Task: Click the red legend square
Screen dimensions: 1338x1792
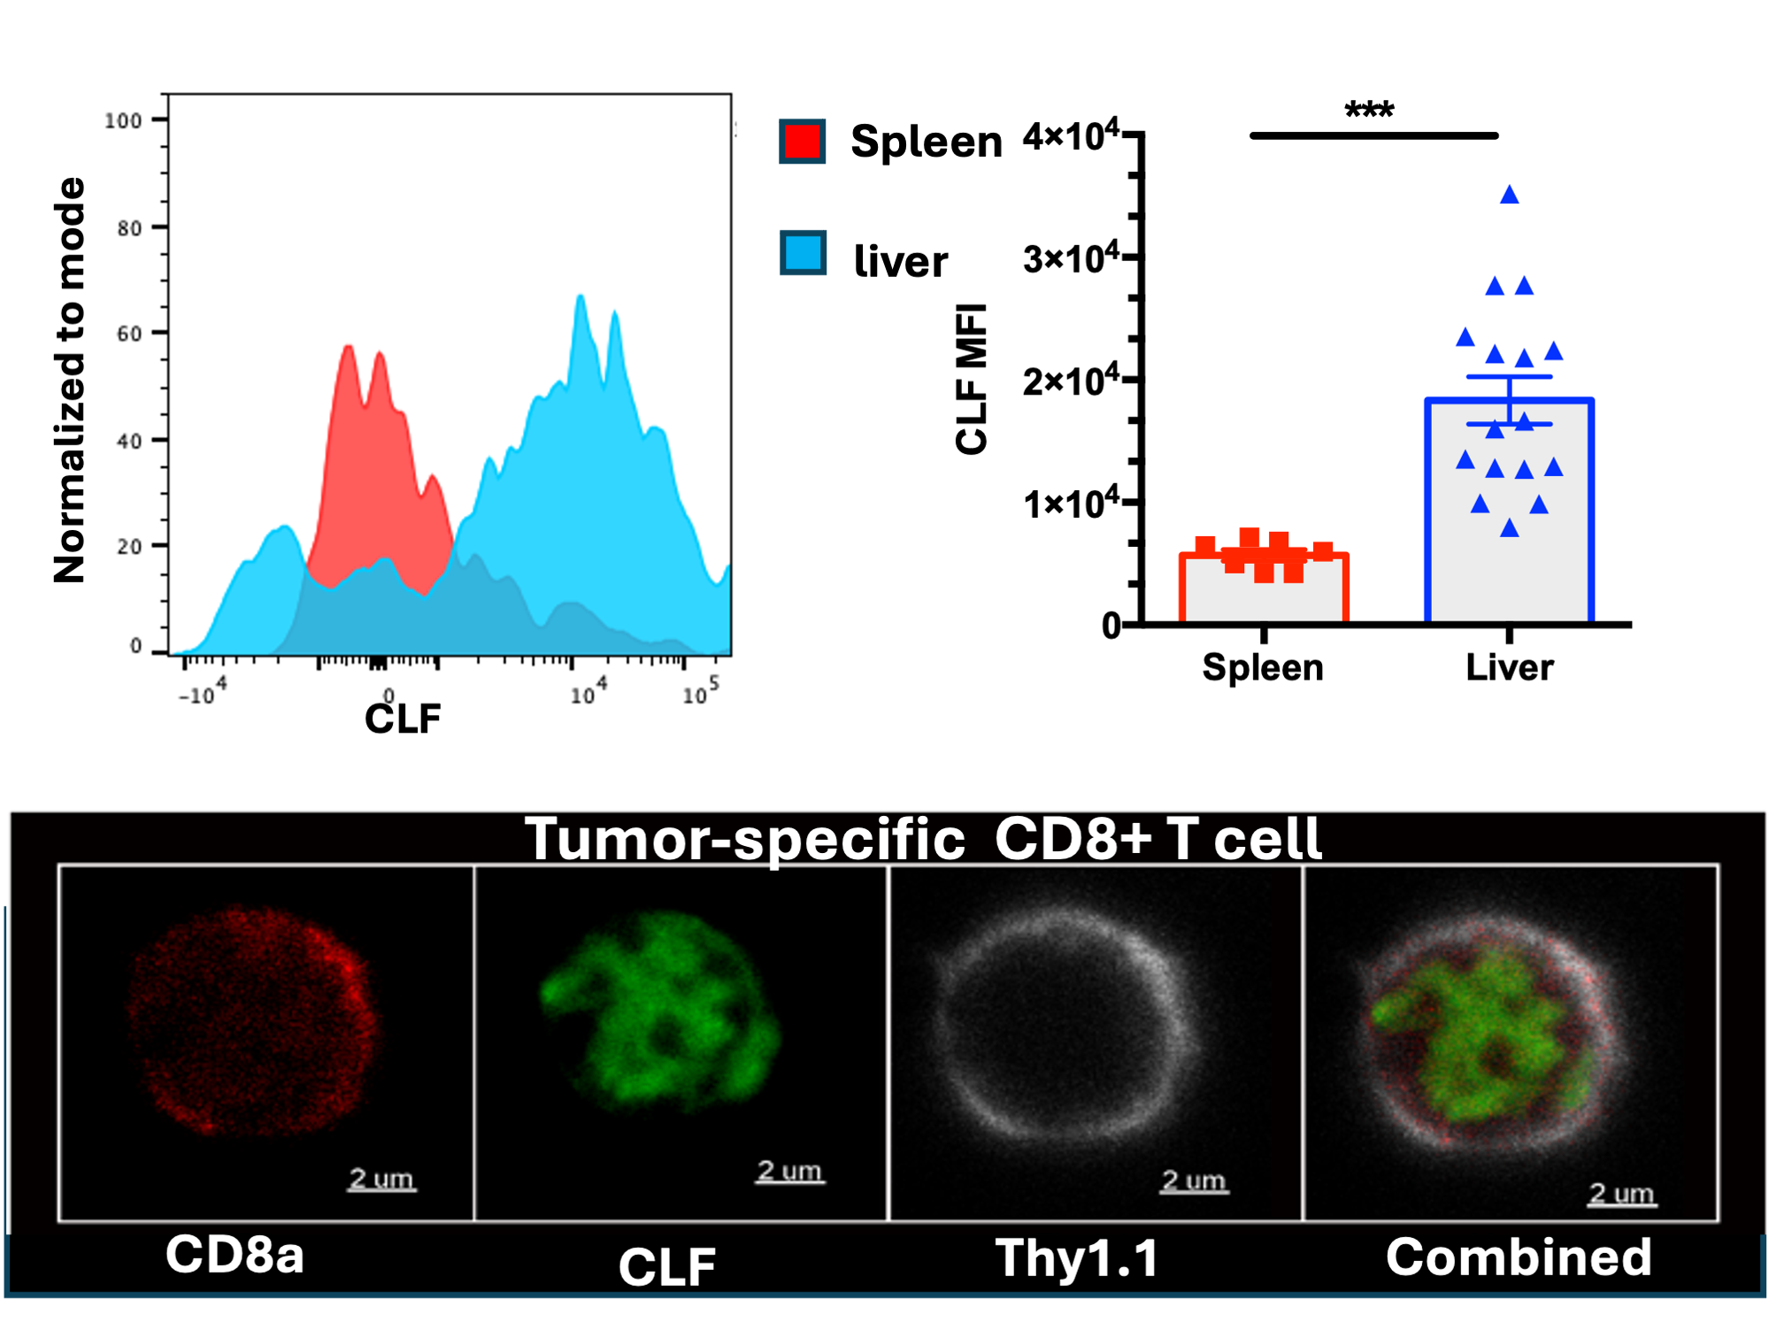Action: [x=803, y=142]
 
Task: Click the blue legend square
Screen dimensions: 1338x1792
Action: [x=803, y=253]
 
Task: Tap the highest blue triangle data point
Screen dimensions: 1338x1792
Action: [x=1509, y=196]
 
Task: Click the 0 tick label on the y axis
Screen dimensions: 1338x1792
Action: [x=1111, y=626]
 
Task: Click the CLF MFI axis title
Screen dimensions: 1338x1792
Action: [x=972, y=379]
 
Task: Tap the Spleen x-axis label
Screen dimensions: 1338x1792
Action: [x=1262, y=667]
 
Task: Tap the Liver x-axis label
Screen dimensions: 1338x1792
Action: [x=1509, y=667]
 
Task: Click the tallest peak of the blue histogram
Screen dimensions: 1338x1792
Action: [x=581, y=301]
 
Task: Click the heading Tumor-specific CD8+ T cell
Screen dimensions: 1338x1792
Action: [x=922, y=838]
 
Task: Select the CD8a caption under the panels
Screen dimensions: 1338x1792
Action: [x=235, y=1255]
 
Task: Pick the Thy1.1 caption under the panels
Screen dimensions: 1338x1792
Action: [x=1076, y=1257]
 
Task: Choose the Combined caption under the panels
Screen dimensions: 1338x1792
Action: [x=1519, y=1257]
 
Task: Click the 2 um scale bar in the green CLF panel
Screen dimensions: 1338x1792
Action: [x=789, y=1172]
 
